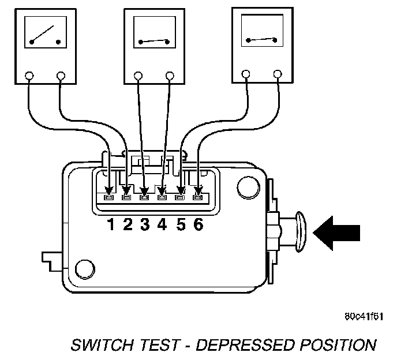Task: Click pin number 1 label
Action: tap(110, 224)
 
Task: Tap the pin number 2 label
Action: tap(128, 224)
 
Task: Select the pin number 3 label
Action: tap(145, 224)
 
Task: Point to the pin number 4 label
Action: tap(162, 224)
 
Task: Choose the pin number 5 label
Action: tap(181, 224)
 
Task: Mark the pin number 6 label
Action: tap(198, 224)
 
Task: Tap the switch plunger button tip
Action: tap(301, 232)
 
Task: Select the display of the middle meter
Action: tap(153, 35)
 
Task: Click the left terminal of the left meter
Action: tap(31, 75)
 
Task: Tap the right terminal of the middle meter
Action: tap(170, 75)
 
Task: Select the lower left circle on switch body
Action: tap(85, 268)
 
